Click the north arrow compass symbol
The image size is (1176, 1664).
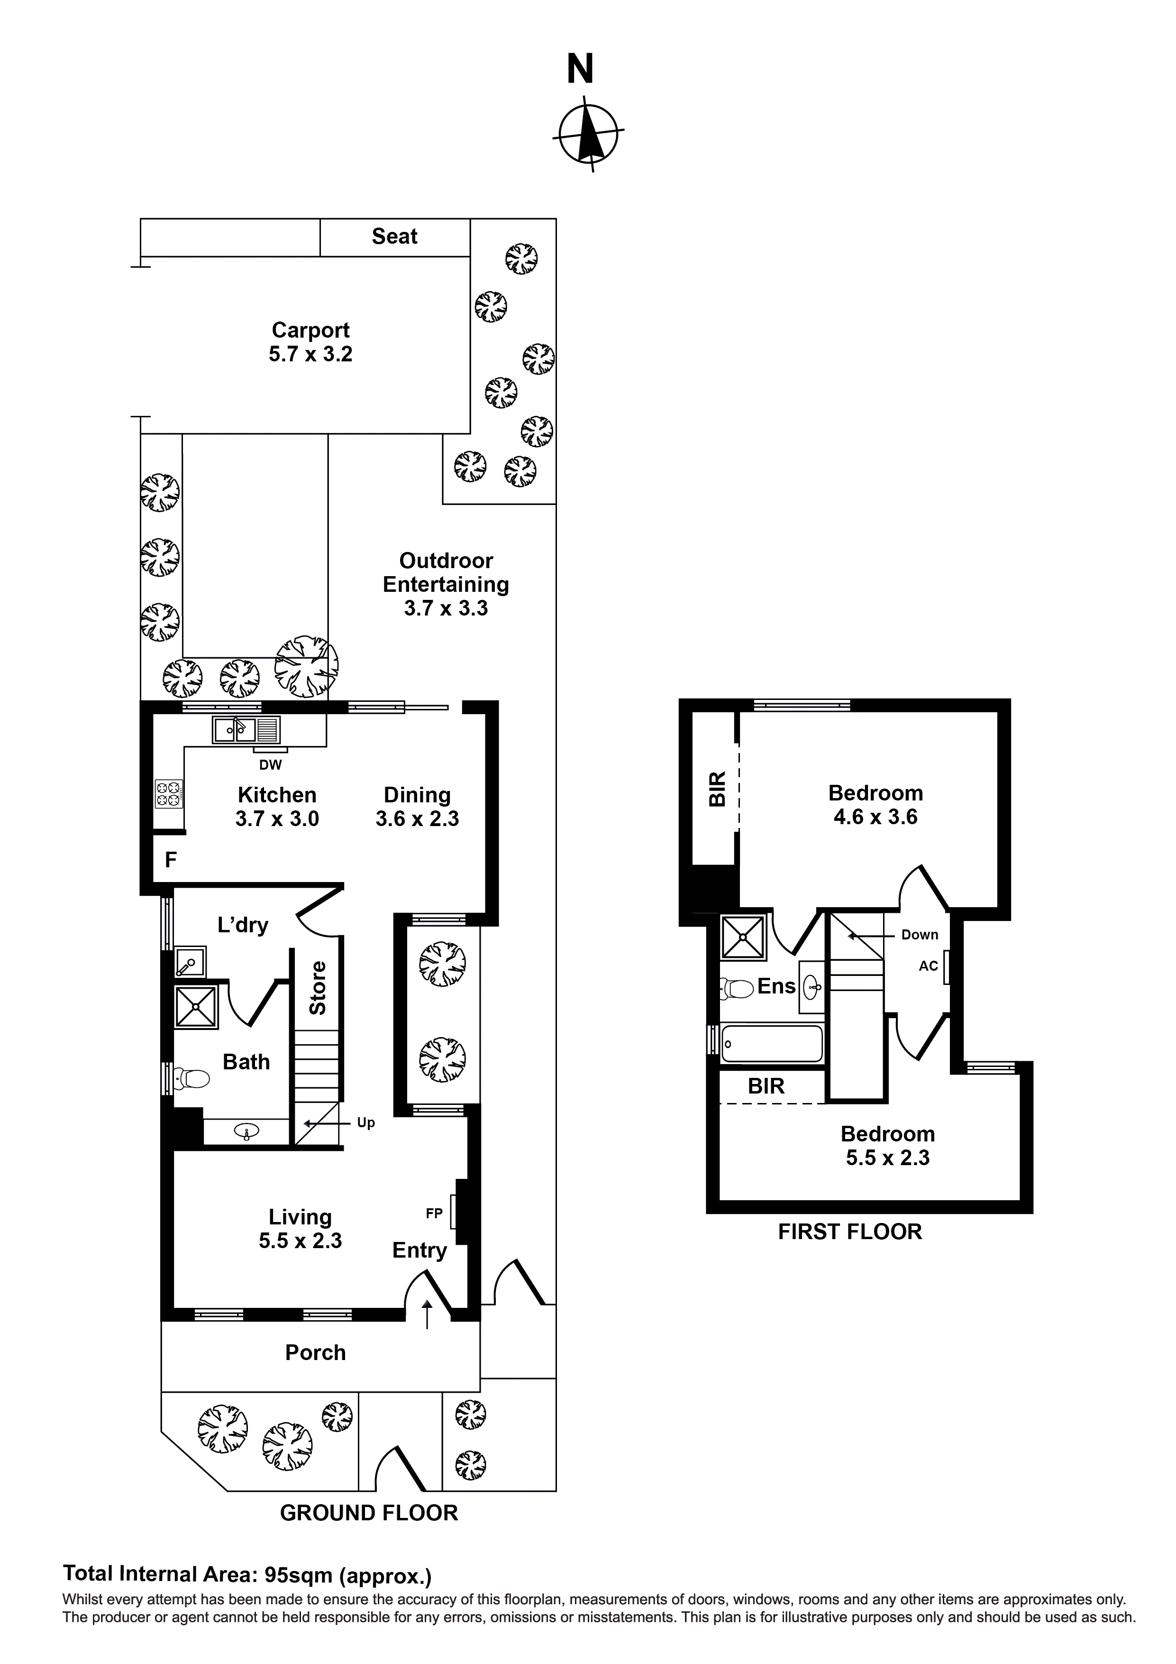588,134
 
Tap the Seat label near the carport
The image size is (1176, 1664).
394,237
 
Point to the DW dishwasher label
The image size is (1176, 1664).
270,764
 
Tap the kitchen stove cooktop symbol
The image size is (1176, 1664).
168,793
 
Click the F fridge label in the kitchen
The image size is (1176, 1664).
171,860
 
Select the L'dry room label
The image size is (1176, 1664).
243,926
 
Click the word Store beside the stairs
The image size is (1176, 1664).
318,988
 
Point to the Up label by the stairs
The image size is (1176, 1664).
366,1122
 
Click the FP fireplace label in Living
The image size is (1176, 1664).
434,1213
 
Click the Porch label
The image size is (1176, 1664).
315,1353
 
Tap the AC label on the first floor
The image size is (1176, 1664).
928,966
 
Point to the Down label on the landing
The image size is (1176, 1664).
920,935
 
